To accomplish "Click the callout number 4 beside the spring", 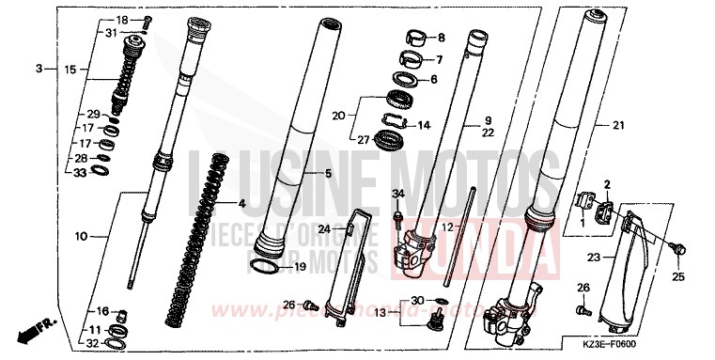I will (241, 203).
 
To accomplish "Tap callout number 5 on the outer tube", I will (328, 174).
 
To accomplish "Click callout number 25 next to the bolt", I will (679, 277).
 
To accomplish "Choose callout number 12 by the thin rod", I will (448, 228).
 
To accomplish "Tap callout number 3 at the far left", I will (39, 69).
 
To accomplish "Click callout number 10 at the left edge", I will (80, 237).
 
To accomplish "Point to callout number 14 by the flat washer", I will (423, 125).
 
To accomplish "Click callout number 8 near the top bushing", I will (442, 39).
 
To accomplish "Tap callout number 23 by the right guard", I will (593, 257).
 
